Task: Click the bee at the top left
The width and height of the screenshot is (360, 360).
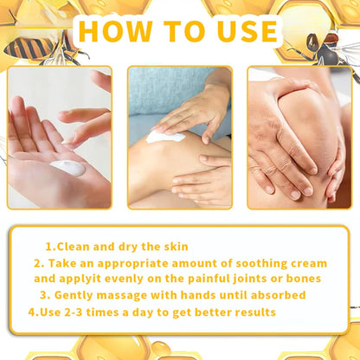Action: [x=33, y=45]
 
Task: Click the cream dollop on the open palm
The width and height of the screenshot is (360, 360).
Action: [x=68, y=168]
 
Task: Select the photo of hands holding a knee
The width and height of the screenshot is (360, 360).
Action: [x=299, y=138]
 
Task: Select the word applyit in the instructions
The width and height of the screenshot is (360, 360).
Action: [x=87, y=279]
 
